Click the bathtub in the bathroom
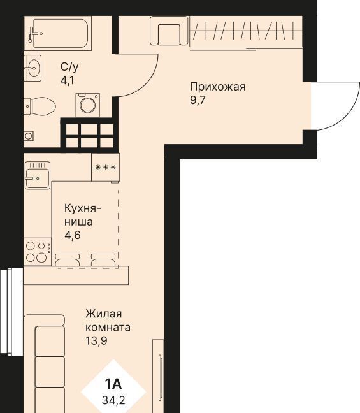[x=58, y=33]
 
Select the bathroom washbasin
[x=32, y=68]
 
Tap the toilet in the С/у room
[x=40, y=106]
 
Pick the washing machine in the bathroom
[x=88, y=105]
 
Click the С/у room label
[x=69, y=68]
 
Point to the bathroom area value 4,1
[x=67, y=80]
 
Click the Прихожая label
[x=218, y=87]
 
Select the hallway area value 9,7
[x=198, y=100]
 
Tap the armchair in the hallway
[x=169, y=31]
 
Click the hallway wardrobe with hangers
[x=246, y=32]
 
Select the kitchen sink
[x=38, y=175]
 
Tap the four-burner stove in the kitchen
[x=38, y=252]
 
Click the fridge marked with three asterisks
[x=105, y=167]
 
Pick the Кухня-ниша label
[x=82, y=215]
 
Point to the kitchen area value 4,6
[x=73, y=235]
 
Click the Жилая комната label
[x=108, y=321]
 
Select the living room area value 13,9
[x=96, y=341]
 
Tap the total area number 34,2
[x=113, y=401]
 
